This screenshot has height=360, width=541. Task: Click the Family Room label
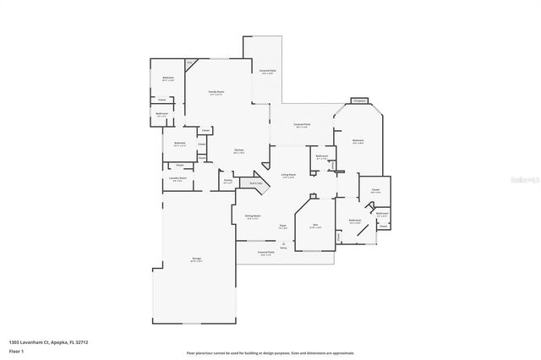[216, 92]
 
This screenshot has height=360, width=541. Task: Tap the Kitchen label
[239, 150]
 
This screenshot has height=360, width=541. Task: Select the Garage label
[195, 260]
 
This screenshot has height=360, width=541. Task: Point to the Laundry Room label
[177, 178]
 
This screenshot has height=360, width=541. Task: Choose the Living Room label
[287, 175]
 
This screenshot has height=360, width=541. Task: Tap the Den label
[314, 225]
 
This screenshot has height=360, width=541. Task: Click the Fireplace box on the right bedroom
[358, 101]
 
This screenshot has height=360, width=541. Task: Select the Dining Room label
[252, 216]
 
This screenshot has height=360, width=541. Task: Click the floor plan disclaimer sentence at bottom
[270, 352]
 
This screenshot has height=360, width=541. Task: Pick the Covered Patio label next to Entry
[265, 252]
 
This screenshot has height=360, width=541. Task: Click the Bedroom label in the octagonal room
[358, 140]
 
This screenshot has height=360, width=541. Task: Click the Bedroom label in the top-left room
[168, 77]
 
